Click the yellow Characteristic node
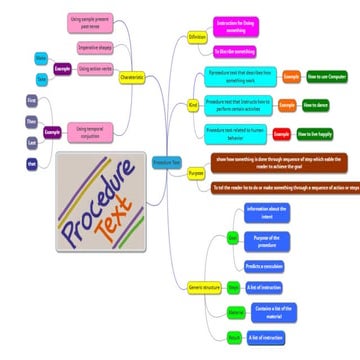pos(134,76)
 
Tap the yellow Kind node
pos(194,103)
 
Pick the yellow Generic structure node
pos(202,287)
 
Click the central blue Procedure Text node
pos(167,161)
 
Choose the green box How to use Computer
pos(327,76)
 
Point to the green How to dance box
pos(316,103)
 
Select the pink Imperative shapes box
pos(93,47)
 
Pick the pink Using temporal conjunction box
pos(93,131)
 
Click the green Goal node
pos(233,238)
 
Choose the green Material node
pos(235,313)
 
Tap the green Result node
pos(234,338)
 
